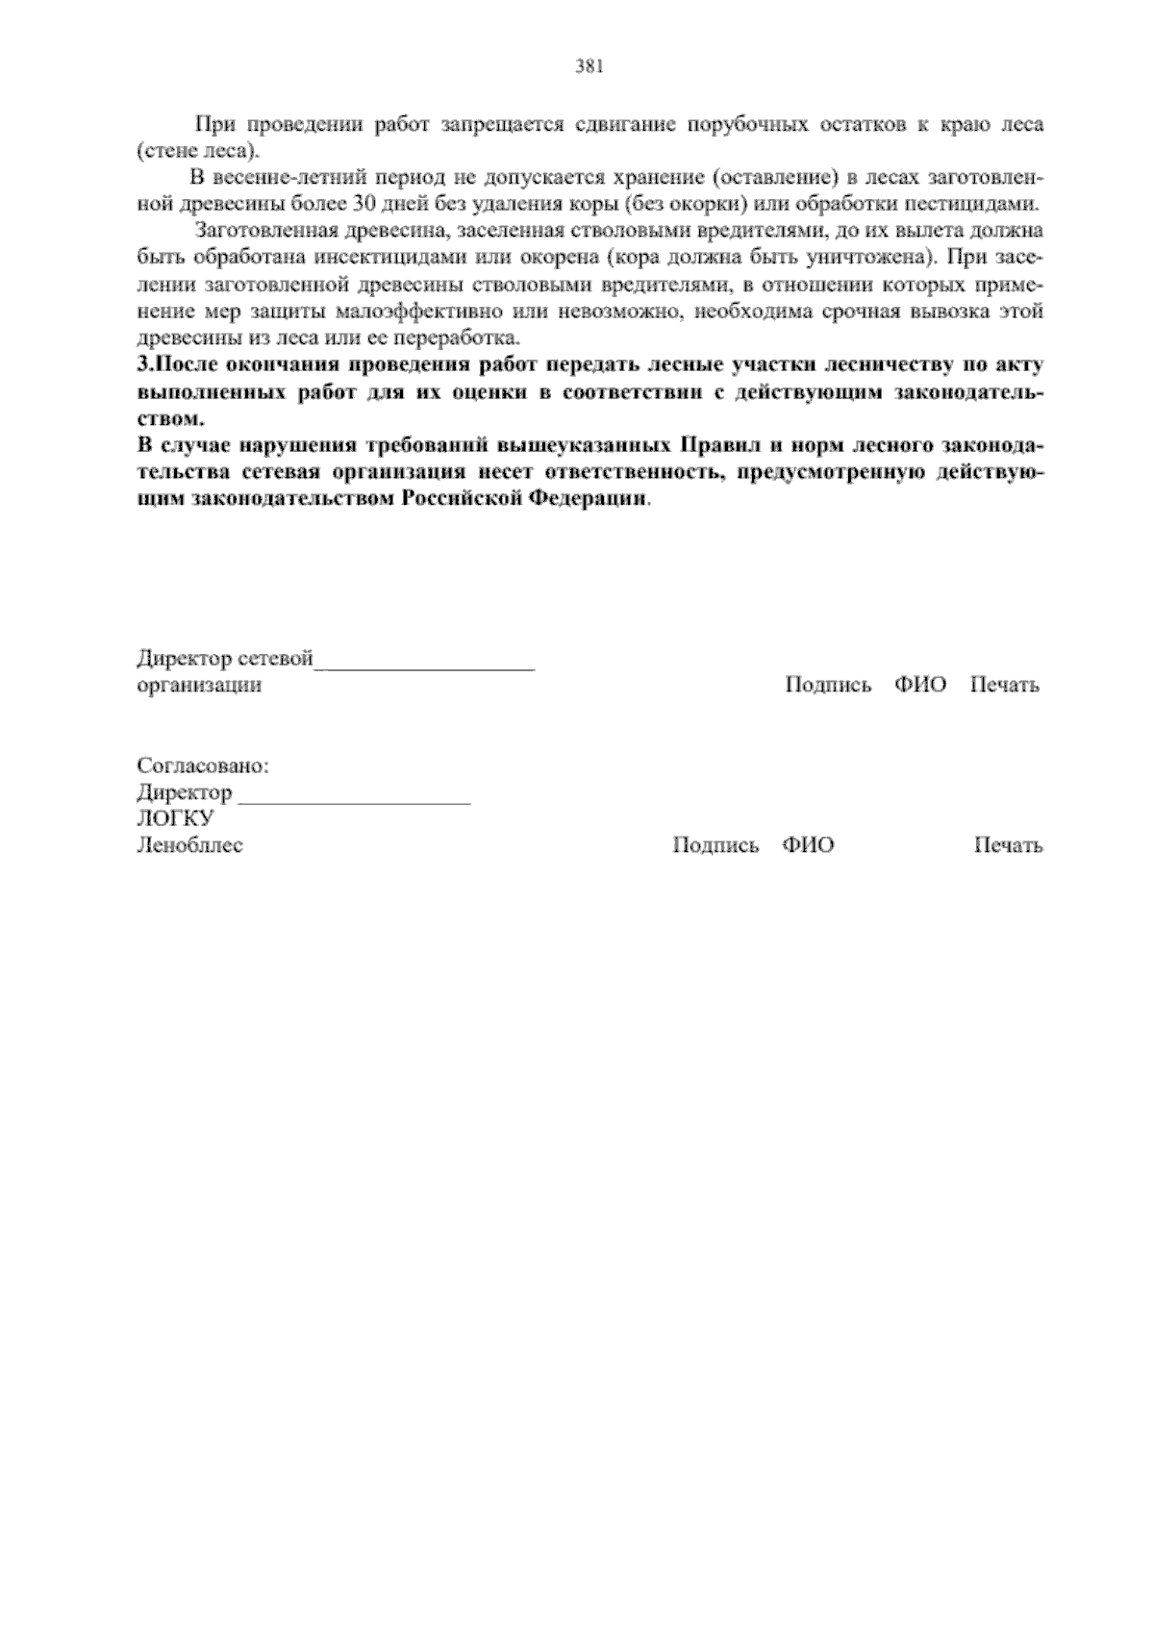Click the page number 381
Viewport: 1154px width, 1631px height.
[x=589, y=66]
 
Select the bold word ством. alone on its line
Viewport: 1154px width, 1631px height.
[x=171, y=419]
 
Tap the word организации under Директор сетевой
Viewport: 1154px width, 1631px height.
[x=199, y=686]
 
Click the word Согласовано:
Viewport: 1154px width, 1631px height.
[x=203, y=766]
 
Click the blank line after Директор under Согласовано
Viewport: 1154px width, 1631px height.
[x=354, y=795]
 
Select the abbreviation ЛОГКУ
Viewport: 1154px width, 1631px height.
[x=175, y=819]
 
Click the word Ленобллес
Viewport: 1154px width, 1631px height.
[x=189, y=846]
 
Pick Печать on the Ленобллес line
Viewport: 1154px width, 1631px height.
[x=1008, y=846]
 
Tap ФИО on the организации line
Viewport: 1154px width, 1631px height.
[x=920, y=686]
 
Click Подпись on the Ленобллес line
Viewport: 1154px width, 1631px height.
[x=715, y=846]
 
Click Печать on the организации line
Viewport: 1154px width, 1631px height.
[x=1004, y=686]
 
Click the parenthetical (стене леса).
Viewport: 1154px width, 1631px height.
[x=199, y=151]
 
